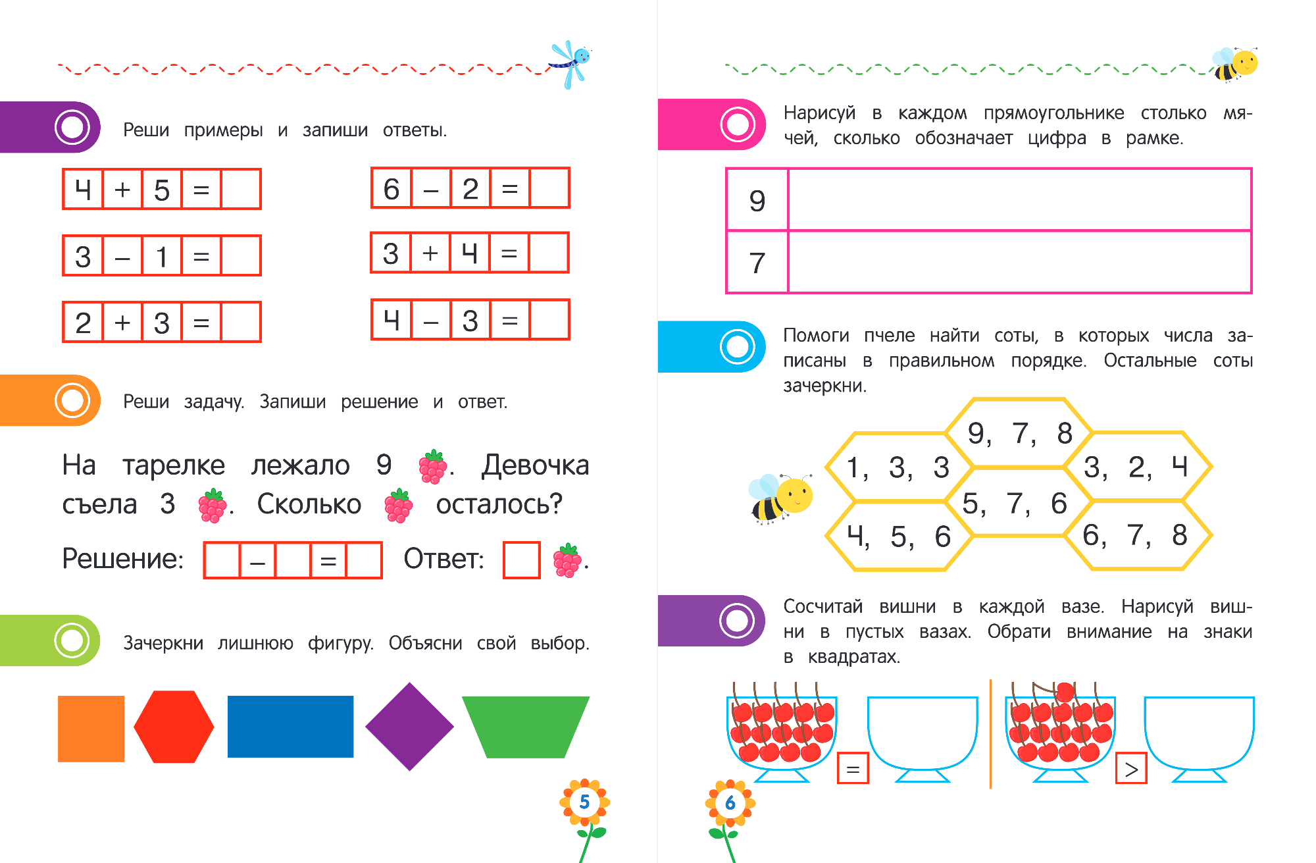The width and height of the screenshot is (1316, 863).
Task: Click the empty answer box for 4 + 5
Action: (x=240, y=190)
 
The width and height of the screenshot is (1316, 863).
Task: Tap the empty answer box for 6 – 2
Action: (x=549, y=189)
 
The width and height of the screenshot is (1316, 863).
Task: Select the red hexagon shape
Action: (x=174, y=727)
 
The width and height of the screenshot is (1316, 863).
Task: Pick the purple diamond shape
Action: (x=409, y=727)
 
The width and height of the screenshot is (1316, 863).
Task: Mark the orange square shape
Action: (x=91, y=729)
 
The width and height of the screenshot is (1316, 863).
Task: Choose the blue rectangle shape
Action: (x=290, y=727)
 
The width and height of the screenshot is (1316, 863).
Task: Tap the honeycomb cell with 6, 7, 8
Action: (x=1136, y=535)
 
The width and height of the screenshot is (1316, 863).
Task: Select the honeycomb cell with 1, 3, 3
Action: (x=898, y=467)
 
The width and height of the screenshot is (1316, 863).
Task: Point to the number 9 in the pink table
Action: (x=757, y=201)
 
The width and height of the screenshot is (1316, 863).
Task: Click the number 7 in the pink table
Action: (x=757, y=263)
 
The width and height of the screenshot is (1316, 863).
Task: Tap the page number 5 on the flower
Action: (x=584, y=802)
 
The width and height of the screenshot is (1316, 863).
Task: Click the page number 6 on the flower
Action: (x=730, y=803)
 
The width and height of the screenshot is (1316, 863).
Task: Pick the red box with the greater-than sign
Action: (x=1131, y=768)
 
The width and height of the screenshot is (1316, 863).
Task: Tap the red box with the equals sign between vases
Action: (x=853, y=768)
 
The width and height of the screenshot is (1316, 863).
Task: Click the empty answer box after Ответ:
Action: (x=521, y=560)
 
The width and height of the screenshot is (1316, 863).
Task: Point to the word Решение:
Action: (x=123, y=559)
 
